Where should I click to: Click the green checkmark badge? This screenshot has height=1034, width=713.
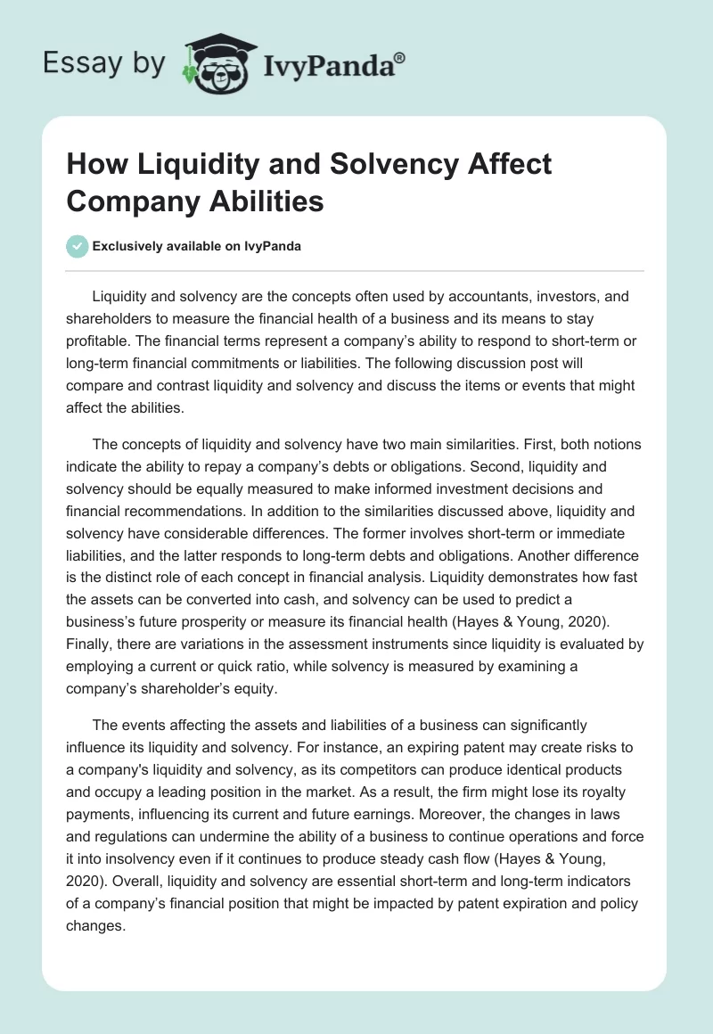click(78, 246)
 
